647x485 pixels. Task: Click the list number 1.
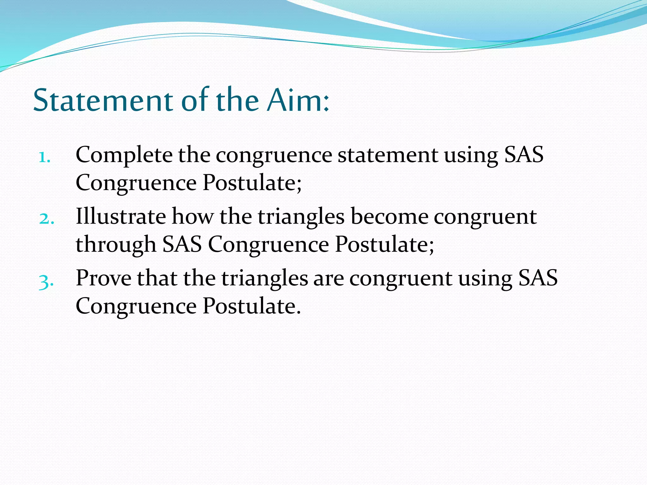[x=45, y=157]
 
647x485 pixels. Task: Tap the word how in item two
[x=192, y=217]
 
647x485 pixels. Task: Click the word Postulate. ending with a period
[x=251, y=306]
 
